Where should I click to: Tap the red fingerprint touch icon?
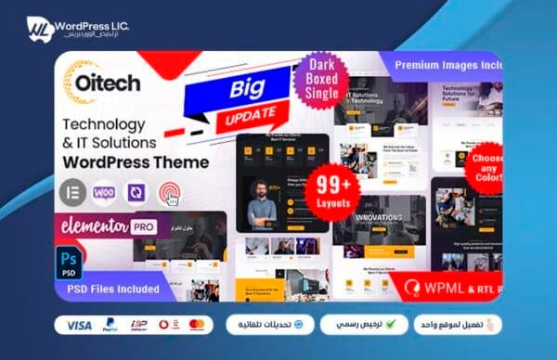point(169,191)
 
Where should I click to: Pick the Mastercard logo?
point(196,326)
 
